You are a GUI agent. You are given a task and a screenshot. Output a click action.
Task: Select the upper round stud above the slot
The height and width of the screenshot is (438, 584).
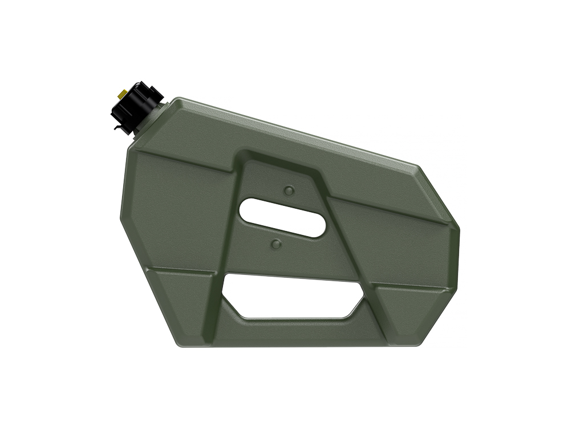click(x=289, y=190)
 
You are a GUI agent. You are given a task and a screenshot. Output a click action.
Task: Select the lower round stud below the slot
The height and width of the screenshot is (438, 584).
click(x=276, y=244)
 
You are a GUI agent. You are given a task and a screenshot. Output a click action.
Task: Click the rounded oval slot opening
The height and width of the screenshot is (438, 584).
click(x=282, y=217)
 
